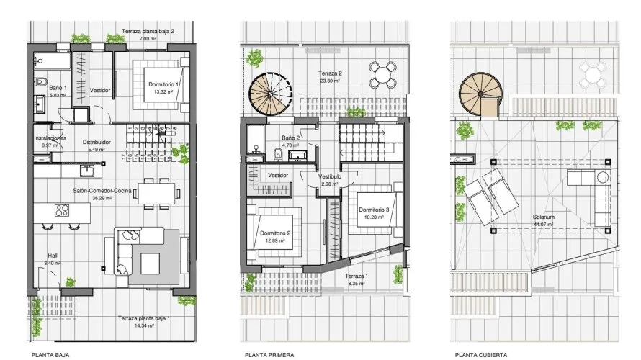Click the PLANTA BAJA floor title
tap(51, 354)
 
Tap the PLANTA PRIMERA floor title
tap(269, 354)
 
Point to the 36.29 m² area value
tap(102, 198)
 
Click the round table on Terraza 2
tap(382, 73)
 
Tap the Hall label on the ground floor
tap(53, 255)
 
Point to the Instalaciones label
tap(50, 138)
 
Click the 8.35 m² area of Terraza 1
tap(357, 284)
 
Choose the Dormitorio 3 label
tap(374, 210)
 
